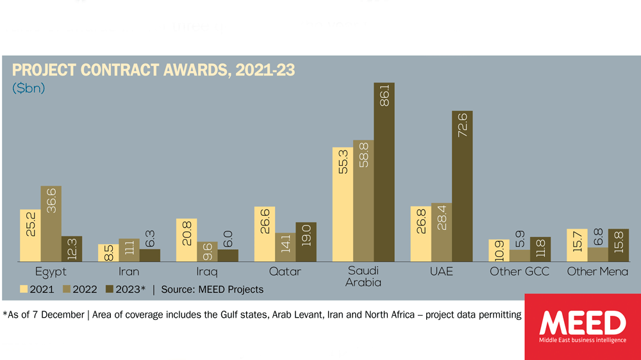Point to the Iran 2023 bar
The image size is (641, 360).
coord(149,255)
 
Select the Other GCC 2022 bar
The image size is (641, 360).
coord(520,256)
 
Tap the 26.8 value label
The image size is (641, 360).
coord(421,222)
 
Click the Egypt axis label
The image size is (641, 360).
coord(51,272)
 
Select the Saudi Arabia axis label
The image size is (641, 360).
coord(363,277)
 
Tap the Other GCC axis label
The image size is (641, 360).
coord(519,272)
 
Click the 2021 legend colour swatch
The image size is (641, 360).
coord(24,290)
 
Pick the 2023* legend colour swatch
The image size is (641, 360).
coord(109,290)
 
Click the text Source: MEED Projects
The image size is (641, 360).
coord(212,290)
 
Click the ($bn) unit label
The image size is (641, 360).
coord(29,88)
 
